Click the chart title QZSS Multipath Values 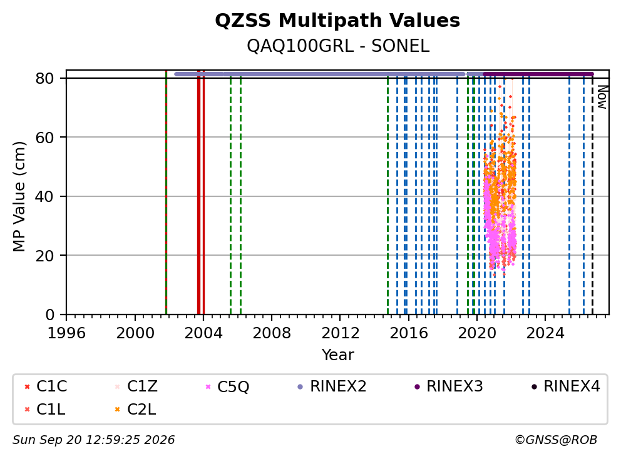pos(337,21)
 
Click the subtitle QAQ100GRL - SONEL pos(338,46)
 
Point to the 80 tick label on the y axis pos(44,78)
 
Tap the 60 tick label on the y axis pos(44,138)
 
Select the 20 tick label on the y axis pos(44,256)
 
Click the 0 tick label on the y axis pos(50,315)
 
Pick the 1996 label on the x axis pos(66,333)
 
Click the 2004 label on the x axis pos(203,333)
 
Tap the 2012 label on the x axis pos(340,333)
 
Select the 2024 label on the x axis pos(545,333)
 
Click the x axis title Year pos(338,355)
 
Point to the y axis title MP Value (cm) pos(19,196)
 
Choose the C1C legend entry pos(46,386)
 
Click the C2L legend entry pos(135,410)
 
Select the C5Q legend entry pos(227,386)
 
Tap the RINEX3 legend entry pos(449,386)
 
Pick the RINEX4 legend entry pos(566,386)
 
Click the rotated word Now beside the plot pos(602,98)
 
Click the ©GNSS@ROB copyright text pos(556,440)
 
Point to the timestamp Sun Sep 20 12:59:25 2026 pos(93,440)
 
